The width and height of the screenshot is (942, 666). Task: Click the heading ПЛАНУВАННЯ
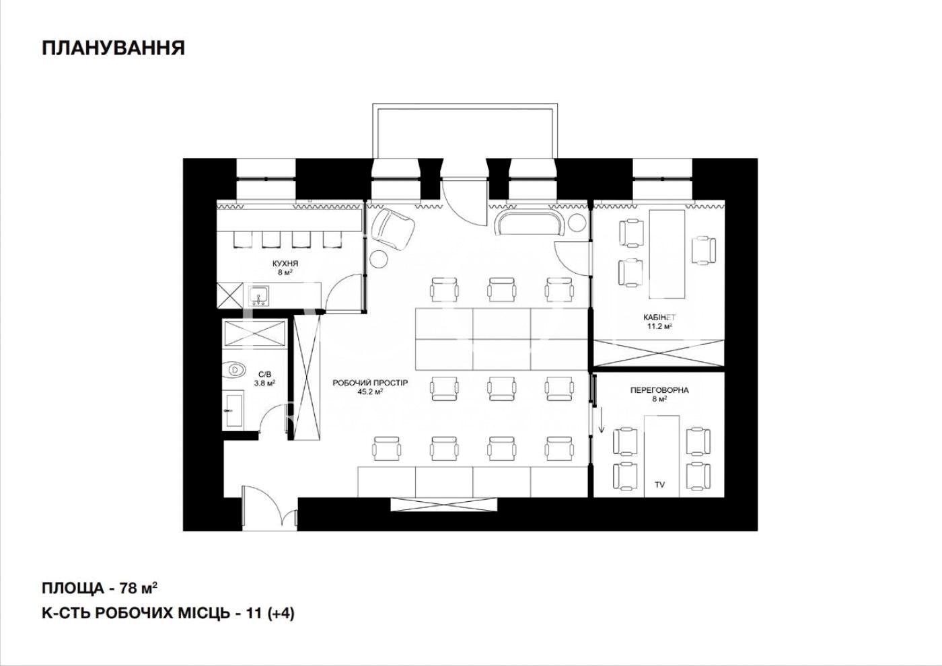click(114, 48)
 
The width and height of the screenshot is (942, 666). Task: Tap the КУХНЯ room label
click(285, 264)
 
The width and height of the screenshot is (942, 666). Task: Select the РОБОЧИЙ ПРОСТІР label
click(370, 383)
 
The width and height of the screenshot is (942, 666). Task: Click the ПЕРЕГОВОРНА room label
click(659, 390)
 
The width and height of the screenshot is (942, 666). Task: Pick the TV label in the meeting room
click(660, 485)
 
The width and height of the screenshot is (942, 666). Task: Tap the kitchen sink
click(258, 295)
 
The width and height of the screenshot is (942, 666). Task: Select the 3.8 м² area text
click(264, 383)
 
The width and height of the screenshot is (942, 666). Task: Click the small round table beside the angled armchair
click(379, 258)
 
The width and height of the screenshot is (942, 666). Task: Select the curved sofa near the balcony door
click(531, 223)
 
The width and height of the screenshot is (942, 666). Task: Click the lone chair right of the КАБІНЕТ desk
click(704, 250)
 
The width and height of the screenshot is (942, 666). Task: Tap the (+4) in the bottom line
click(281, 614)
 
